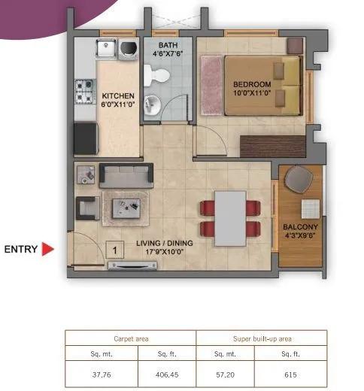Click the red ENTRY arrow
pyautogui.click(x=47, y=249)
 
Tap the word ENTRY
pyautogui.click(x=20, y=249)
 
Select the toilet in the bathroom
pyautogui.click(x=159, y=74)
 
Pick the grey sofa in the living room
pyautogui.click(x=126, y=176)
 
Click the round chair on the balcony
pyautogui.click(x=302, y=179)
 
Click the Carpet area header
pyautogui.click(x=130, y=339)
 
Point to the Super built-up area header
pyautogui.click(x=261, y=339)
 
